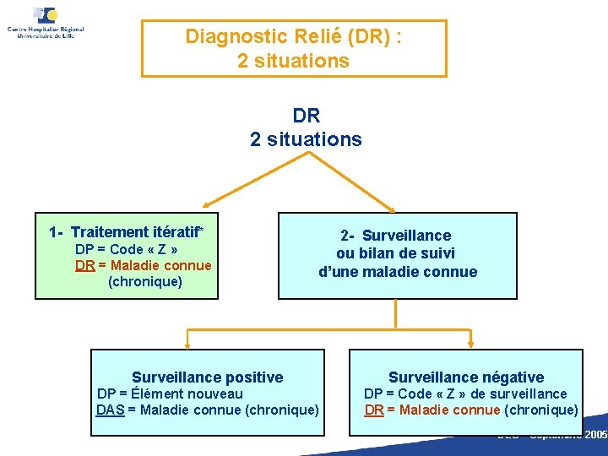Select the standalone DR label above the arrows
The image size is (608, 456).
(306, 116)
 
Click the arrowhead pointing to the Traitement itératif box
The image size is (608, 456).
(207, 204)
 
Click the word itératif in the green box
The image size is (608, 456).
(173, 232)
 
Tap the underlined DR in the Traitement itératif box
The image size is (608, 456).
(84, 266)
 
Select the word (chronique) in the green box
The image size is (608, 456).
(144, 282)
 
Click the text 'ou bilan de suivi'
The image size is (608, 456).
(396, 253)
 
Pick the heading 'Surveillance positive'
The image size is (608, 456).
(208, 377)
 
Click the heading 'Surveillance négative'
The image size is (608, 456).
(466, 377)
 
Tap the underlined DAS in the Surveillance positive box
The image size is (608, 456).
(110, 410)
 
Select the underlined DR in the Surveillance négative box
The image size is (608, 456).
(374, 410)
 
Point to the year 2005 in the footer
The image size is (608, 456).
(595, 435)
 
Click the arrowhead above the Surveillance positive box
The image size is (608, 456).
(188, 345)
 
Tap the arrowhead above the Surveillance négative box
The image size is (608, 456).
(467, 345)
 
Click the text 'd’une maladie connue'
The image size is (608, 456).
(398, 272)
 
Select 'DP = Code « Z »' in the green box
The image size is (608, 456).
(126, 249)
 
